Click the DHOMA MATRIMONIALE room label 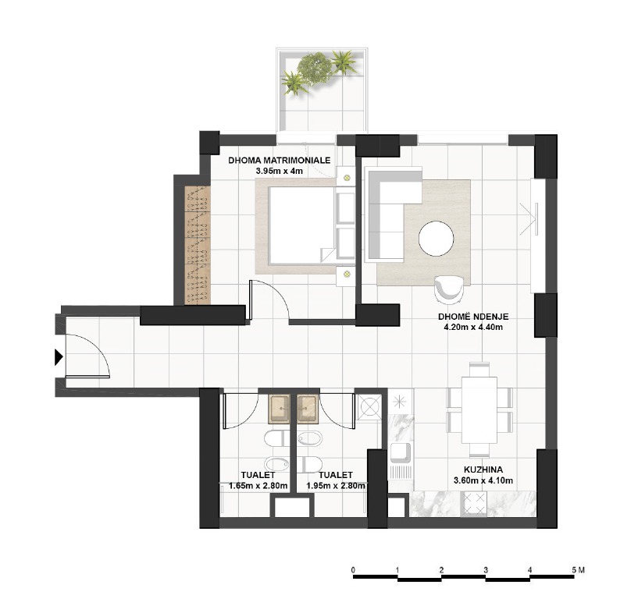click(x=280, y=160)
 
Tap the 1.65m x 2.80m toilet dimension click(x=258, y=486)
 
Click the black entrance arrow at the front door click(x=58, y=358)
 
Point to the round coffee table click(x=437, y=239)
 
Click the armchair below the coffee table click(x=450, y=287)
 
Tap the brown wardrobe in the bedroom click(x=198, y=245)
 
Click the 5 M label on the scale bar click(x=577, y=570)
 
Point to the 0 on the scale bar click(x=354, y=570)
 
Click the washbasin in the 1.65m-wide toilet click(x=279, y=406)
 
